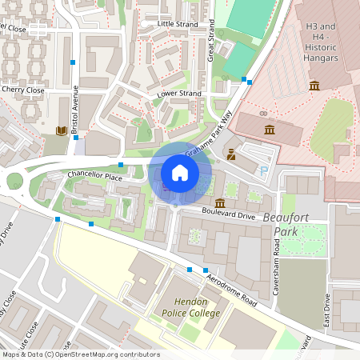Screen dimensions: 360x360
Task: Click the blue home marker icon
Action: point(180,172)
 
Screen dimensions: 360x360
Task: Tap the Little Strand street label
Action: point(177,24)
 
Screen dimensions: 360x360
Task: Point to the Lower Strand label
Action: point(179,94)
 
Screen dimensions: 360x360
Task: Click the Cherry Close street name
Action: point(22,90)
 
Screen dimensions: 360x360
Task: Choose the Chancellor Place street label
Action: point(94,174)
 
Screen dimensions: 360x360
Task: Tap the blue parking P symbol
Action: point(264,170)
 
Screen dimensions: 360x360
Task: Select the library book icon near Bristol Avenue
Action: point(61,130)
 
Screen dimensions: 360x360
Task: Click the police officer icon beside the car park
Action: point(231,154)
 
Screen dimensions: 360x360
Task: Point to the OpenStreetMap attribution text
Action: point(80,354)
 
